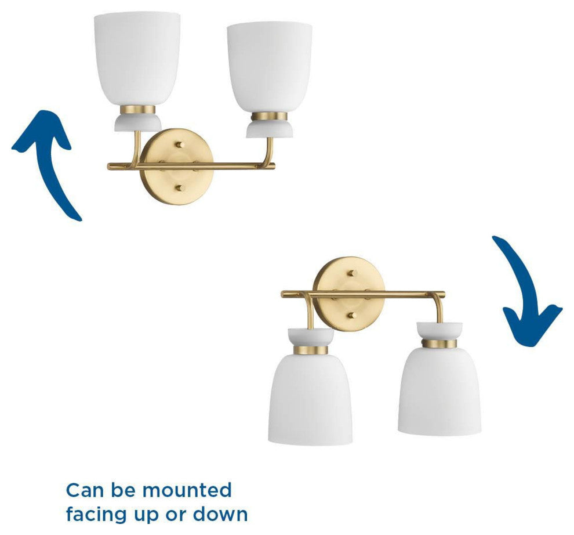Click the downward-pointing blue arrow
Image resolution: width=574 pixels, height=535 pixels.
click(527, 290)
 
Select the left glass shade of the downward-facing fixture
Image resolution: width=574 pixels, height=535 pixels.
click(310, 399)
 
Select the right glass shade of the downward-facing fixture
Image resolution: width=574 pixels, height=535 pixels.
click(439, 391)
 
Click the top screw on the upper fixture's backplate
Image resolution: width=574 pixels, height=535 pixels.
click(179, 144)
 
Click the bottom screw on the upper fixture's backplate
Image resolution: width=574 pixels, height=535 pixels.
click(179, 189)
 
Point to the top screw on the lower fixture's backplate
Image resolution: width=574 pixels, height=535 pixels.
click(352, 273)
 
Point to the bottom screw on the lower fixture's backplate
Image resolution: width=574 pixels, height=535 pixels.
click(352, 315)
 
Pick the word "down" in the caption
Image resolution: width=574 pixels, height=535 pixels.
click(220, 514)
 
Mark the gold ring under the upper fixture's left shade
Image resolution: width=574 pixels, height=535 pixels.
click(137, 110)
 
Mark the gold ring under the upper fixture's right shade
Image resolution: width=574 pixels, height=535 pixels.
click(270, 117)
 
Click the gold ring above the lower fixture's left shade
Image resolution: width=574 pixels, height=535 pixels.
click(311, 350)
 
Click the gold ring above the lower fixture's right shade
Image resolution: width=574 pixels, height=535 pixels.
click(439, 344)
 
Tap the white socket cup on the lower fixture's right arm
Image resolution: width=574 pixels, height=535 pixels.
click(439, 331)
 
